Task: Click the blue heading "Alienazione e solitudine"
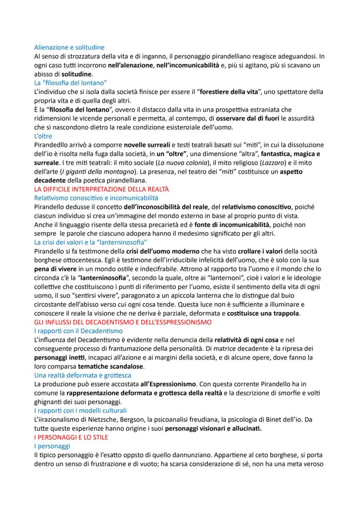70,47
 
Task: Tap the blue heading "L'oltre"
43,136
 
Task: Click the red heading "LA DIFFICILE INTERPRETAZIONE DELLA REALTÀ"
101,189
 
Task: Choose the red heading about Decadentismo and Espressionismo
122,322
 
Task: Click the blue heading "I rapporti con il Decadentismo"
78,331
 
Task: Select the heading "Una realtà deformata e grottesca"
83,375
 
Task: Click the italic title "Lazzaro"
270,163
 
